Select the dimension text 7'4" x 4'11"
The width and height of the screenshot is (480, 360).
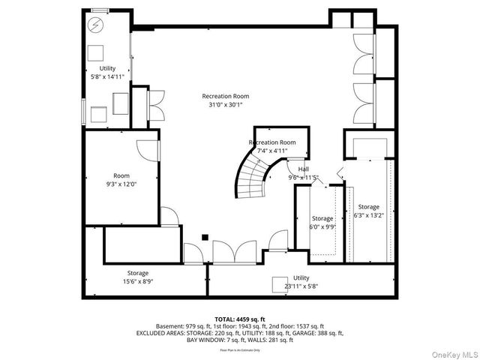[272, 151]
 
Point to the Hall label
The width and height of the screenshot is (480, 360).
[303, 169]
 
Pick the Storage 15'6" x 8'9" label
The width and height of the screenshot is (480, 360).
[137, 277]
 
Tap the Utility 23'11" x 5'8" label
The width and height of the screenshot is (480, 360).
[301, 281]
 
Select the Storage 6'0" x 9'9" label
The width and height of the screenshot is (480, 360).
[322, 223]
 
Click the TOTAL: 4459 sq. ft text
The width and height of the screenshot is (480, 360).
[240, 319]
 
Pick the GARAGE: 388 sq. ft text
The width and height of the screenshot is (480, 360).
[316, 333]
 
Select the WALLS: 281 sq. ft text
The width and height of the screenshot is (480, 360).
[269, 340]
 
